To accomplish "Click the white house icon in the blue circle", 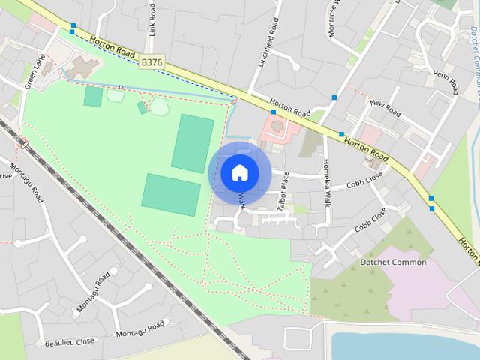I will pos(239,172).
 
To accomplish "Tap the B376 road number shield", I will pos(152,63).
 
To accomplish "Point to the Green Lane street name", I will pos(34,72).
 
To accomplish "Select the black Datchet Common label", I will pos(393,262).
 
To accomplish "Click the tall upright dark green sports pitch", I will pos(193,142).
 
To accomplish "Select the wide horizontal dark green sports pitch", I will pos(171,194).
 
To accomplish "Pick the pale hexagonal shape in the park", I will pos(159,106).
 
